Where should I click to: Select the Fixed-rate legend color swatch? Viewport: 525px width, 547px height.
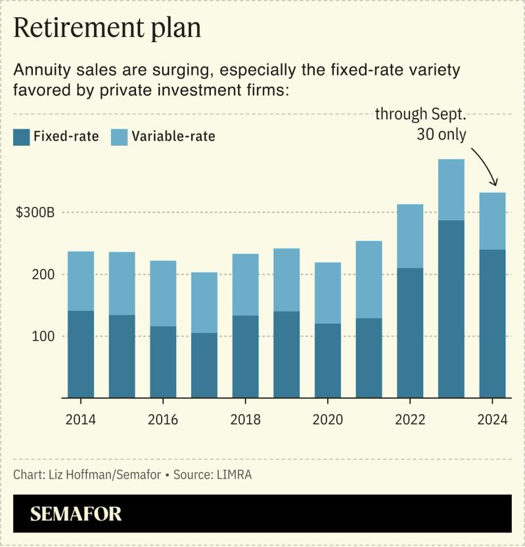(x=21, y=136)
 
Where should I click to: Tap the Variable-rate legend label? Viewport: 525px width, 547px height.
(x=173, y=137)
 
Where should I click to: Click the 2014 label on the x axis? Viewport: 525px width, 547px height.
(x=80, y=420)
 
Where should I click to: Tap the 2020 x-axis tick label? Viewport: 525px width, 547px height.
(x=327, y=420)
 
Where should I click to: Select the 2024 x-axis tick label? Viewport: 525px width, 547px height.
(x=492, y=420)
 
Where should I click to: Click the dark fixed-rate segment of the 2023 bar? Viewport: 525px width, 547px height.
(x=451, y=309)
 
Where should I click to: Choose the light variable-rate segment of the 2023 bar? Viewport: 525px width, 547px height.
(x=451, y=189)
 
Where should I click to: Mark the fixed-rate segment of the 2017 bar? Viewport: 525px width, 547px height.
(x=204, y=365)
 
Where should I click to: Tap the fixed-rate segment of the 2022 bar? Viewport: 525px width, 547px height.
(x=410, y=333)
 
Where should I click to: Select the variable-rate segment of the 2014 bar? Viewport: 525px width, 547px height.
(x=80, y=281)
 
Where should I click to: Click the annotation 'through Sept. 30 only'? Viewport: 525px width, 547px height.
(x=421, y=124)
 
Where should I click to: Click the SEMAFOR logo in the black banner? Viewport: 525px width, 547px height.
(x=76, y=513)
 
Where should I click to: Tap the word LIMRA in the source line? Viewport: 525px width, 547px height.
(x=237, y=474)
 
